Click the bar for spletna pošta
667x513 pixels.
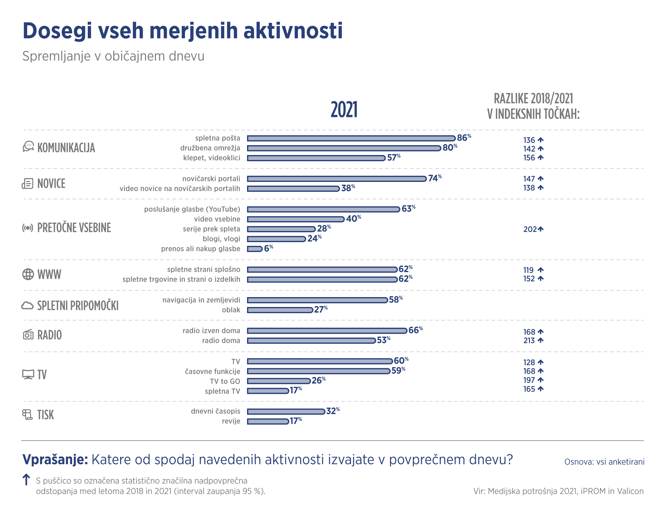point(351,138)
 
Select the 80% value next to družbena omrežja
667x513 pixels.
point(449,148)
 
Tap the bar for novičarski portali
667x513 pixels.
point(337,179)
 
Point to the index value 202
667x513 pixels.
point(530,229)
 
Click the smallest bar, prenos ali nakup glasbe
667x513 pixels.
point(255,249)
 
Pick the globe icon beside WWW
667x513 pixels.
point(28,274)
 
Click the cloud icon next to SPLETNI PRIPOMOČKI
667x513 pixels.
point(27,305)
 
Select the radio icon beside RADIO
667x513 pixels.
point(28,334)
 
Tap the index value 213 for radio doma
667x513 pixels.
point(529,340)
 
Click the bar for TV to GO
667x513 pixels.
point(279,381)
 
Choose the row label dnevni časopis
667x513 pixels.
point(216,411)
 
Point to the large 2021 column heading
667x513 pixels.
point(344,110)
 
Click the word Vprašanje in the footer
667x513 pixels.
point(55,460)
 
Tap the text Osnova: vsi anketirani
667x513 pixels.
point(604,462)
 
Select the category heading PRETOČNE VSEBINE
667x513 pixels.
point(74,228)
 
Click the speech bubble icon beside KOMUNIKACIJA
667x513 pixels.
point(28,146)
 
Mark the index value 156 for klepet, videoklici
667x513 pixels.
point(529,158)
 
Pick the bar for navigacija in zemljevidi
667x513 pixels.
point(317,300)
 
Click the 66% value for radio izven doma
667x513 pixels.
point(415,330)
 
